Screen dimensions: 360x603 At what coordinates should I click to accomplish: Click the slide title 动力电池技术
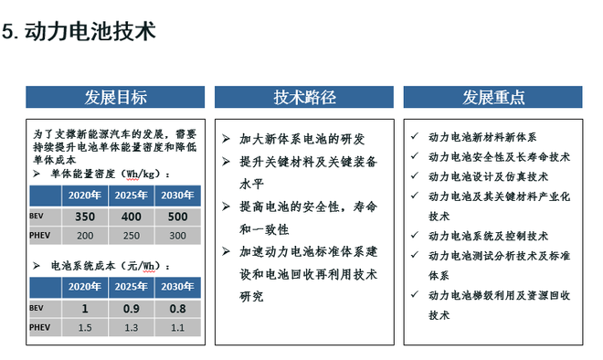[90, 31]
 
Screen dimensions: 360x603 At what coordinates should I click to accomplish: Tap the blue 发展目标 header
[115, 97]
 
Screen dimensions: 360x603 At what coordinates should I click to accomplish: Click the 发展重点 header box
[493, 97]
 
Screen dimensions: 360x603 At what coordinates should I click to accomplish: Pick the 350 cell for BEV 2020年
[85, 217]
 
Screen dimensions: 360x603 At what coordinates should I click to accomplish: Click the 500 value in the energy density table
[177, 217]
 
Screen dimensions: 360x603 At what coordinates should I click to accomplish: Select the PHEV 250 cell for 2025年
[132, 236]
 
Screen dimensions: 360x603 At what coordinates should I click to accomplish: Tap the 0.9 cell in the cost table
[132, 309]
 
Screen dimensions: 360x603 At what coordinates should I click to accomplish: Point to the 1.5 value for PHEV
[85, 327]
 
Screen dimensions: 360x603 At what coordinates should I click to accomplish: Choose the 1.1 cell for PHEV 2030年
[177, 327]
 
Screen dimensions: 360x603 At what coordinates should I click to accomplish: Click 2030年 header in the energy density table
[177, 195]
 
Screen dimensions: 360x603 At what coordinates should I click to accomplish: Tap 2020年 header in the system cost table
[85, 287]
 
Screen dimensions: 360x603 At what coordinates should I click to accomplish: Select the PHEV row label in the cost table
[41, 327]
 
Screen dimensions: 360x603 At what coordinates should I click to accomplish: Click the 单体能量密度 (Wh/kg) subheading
[110, 173]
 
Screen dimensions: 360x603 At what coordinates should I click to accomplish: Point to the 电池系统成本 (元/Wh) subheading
[110, 265]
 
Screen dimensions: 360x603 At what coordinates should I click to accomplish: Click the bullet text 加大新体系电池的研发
[302, 139]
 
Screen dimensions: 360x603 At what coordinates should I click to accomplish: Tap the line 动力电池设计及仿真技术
[488, 176]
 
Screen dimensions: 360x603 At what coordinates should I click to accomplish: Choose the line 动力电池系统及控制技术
[488, 236]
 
